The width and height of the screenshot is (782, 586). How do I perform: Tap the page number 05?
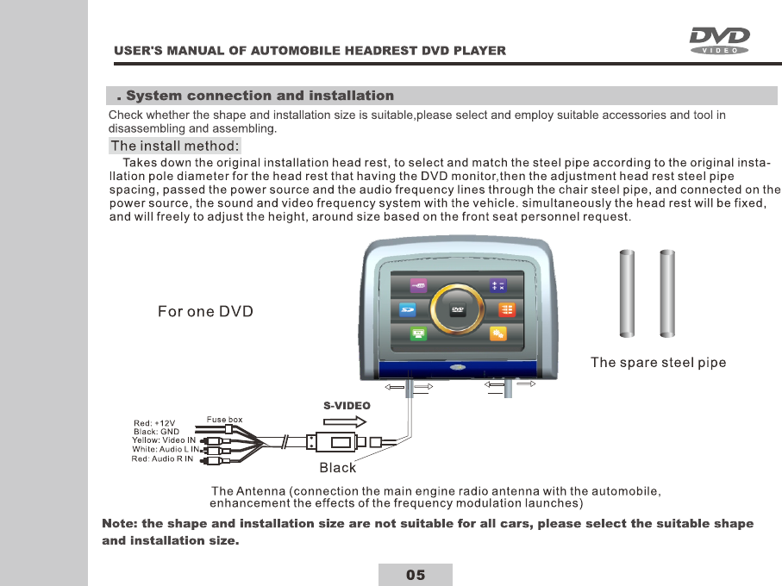(x=416, y=575)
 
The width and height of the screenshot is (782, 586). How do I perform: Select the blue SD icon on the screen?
(x=409, y=309)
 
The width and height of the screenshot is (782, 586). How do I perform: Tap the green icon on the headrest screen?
(x=419, y=333)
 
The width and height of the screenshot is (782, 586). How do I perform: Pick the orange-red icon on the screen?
(x=508, y=309)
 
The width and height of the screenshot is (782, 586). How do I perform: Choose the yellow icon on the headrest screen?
(x=498, y=333)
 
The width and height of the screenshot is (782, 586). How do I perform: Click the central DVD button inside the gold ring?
(x=458, y=309)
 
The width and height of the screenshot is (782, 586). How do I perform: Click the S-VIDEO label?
(x=347, y=405)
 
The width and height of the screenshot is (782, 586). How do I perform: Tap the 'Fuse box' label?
(x=223, y=420)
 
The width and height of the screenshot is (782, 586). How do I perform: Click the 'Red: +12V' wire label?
(x=154, y=423)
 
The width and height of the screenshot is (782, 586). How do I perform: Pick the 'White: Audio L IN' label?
(x=166, y=449)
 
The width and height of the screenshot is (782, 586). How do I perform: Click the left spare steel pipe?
(x=627, y=294)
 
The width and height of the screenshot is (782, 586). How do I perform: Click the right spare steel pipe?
(x=666, y=294)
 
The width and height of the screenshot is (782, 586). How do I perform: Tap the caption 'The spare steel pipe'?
(x=658, y=363)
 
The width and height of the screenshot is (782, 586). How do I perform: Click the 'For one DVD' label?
(x=205, y=311)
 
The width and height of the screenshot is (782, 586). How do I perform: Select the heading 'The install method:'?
(x=175, y=145)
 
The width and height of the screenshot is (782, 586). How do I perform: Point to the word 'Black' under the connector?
(x=337, y=468)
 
